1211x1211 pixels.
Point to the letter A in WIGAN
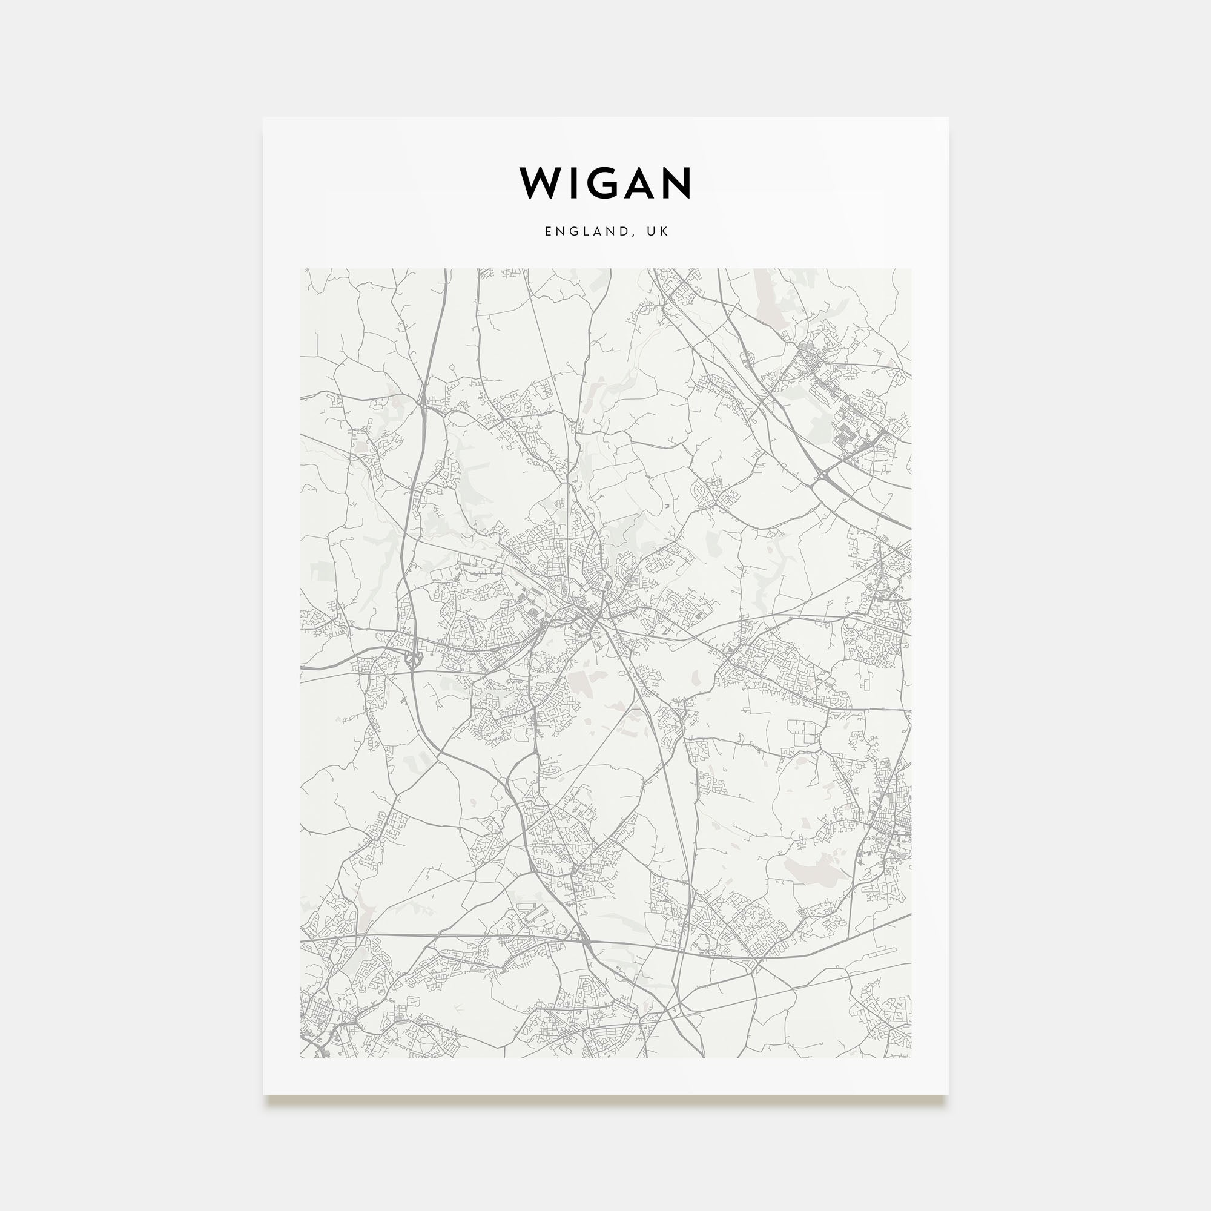tap(635, 183)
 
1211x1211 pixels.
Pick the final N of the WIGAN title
tap(675, 183)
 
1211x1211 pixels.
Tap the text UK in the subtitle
tap(659, 231)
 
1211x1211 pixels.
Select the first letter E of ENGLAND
tap(548, 231)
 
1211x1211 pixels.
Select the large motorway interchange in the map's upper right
tap(822, 480)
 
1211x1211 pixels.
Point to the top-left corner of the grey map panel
tap(301, 269)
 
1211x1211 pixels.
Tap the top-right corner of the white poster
tap(948, 118)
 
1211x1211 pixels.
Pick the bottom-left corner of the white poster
tap(263, 1094)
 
